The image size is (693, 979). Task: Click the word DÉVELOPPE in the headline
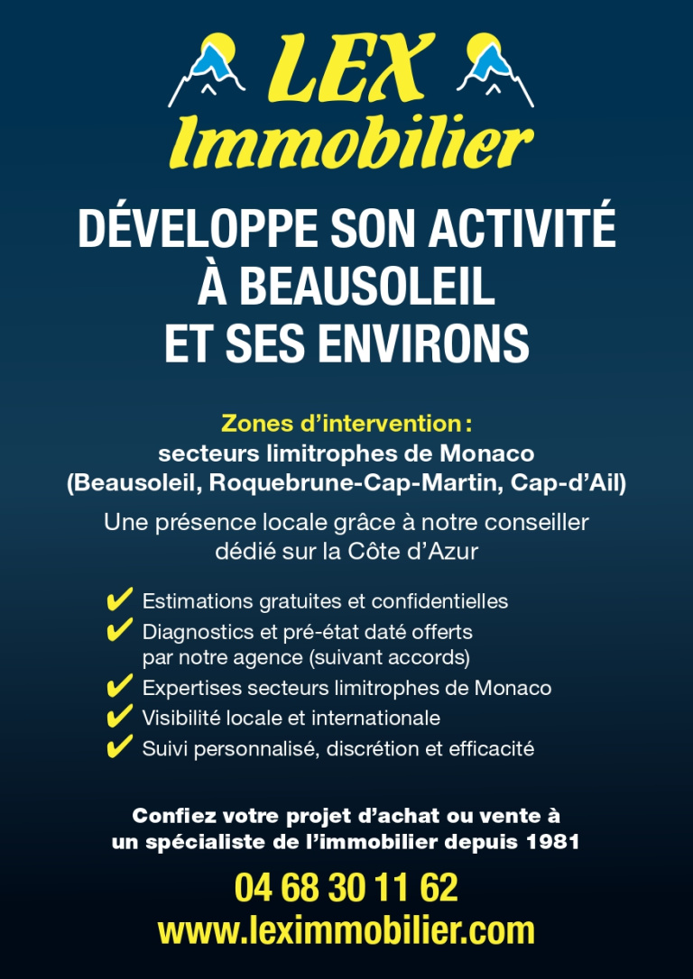(x=194, y=229)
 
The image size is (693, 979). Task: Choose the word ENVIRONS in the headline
(x=422, y=343)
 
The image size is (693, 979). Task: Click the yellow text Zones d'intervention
(x=341, y=423)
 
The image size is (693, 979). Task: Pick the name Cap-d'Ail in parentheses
(x=565, y=482)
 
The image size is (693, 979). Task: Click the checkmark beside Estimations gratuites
(x=119, y=600)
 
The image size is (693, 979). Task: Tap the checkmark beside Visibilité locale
(x=119, y=718)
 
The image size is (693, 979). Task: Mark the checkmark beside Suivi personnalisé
(x=119, y=748)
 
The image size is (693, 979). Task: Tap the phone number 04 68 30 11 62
(x=346, y=888)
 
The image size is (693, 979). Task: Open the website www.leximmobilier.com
(x=346, y=930)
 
